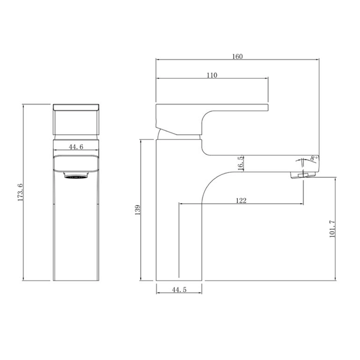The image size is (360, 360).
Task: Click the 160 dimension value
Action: coord(238,56)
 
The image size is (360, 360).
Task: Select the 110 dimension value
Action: coord(212,75)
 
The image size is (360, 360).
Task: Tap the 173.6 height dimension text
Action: coord(20,192)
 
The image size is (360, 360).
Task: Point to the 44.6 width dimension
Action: coord(76,147)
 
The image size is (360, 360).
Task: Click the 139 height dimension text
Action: coord(137,210)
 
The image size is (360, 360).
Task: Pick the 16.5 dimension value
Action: coord(240,163)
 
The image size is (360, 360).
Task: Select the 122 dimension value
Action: coord(241,201)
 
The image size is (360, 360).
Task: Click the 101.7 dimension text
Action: coord(332,229)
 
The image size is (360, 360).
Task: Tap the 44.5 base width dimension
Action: coord(180,290)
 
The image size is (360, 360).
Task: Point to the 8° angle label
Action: coord(313,158)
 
